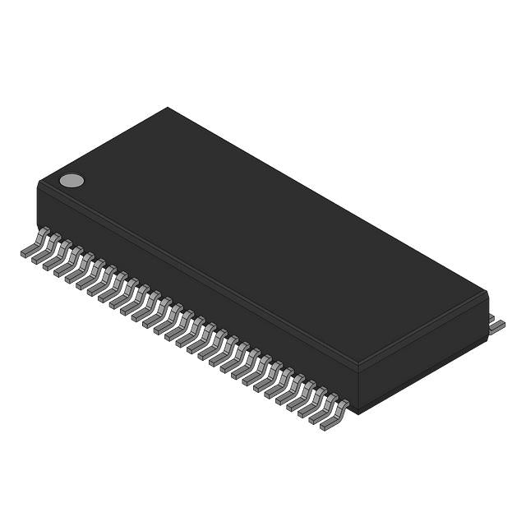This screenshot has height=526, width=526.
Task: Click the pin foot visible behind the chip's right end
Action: tap(496, 325)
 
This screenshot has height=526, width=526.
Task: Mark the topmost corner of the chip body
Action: tap(168, 108)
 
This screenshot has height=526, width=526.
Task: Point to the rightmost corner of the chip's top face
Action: tap(487, 292)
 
